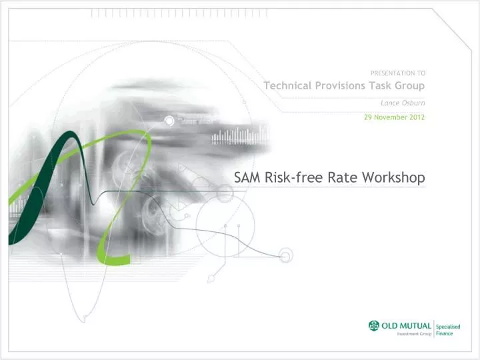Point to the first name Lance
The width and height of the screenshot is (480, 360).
(x=390, y=103)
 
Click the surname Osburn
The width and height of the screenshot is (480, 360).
(x=414, y=103)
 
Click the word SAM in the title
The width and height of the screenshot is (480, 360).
(x=247, y=177)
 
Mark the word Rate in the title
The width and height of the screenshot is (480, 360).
(x=338, y=177)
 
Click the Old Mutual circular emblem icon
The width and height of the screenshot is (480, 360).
(x=373, y=325)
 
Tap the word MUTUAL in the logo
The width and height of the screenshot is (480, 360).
(x=415, y=325)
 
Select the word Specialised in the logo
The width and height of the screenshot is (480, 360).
(x=449, y=325)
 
